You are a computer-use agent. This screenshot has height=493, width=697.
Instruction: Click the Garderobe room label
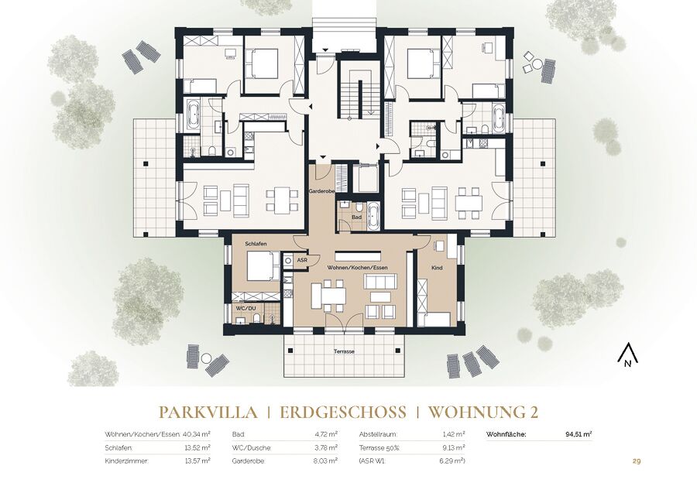coord(322,191)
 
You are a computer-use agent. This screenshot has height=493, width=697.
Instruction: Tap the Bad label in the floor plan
coord(356,217)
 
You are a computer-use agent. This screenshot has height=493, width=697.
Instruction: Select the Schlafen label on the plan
coord(256,244)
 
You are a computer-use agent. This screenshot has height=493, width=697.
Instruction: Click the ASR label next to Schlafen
coord(302,260)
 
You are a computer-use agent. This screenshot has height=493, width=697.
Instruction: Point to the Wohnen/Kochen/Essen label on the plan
coord(357,268)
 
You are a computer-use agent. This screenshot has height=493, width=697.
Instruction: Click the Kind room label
coord(437,268)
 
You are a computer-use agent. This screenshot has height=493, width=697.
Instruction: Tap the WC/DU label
coord(245,307)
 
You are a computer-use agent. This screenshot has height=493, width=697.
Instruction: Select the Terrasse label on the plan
coord(345,351)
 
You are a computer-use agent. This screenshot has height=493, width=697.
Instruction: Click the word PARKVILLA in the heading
coord(208,413)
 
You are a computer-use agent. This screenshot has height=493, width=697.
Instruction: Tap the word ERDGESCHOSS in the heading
coord(343,413)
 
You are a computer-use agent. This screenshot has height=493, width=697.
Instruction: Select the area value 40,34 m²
coord(197,434)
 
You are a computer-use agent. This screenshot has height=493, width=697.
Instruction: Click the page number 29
coord(637,461)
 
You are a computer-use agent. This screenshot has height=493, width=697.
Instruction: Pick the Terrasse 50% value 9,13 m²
coord(453,447)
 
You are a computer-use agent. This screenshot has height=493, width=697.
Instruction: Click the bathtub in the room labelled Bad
coord(374,216)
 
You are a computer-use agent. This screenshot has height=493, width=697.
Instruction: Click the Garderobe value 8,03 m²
coord(326,461)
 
